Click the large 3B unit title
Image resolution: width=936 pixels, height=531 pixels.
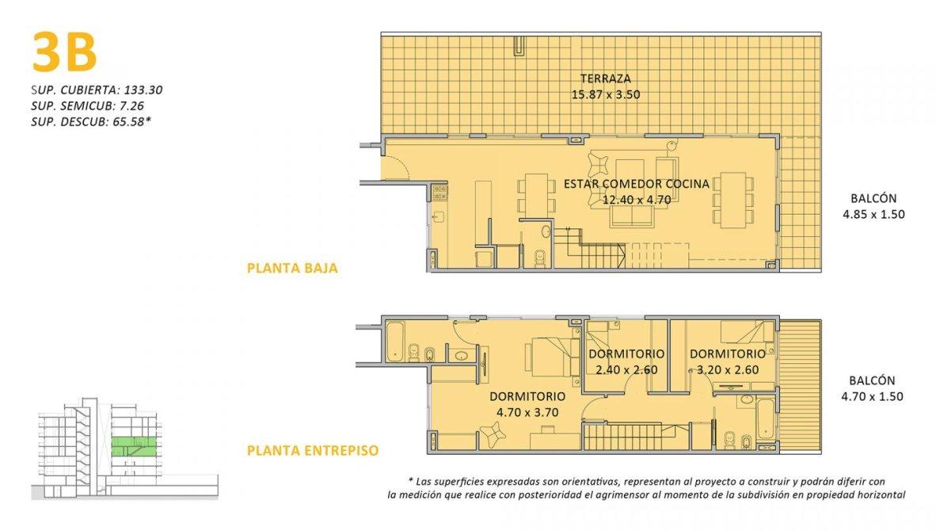coord(64,52)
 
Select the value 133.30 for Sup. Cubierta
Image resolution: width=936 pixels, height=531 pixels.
coord(143,90)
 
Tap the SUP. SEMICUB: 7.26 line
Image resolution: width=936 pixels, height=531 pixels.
coord(87,105)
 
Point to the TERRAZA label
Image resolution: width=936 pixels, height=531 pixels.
coord(605,78)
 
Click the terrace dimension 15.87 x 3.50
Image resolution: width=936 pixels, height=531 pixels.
coord(605,94)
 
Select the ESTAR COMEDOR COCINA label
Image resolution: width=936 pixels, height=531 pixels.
coord(637,184)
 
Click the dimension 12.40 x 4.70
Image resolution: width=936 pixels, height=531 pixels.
coord(637,200)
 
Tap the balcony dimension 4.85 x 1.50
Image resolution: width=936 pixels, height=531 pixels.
coord(873,215)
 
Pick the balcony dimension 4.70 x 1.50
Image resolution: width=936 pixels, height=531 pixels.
coord(872,396)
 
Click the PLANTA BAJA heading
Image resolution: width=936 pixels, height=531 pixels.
coord(292,268)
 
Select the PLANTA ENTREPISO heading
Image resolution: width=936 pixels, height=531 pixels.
coord(313,450)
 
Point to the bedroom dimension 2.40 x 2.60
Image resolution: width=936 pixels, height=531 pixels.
coord(626,370)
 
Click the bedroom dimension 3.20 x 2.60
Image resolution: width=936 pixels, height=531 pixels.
coord(728,370)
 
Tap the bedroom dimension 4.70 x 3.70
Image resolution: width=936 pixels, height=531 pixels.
coord(527,413)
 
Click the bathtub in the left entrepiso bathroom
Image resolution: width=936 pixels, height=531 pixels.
coord(395,341)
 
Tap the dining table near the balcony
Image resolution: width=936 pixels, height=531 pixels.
coord(732,200)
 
